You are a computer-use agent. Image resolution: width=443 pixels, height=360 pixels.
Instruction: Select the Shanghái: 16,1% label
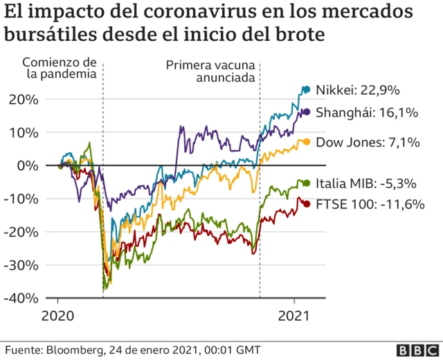tap(367, 112)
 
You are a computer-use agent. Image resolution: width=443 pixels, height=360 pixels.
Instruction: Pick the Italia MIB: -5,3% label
tap(365, 183)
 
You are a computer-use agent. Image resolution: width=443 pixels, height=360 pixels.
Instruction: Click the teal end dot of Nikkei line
tap(307, 89)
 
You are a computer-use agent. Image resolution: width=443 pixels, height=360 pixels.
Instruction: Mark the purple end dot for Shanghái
tap(306, 111)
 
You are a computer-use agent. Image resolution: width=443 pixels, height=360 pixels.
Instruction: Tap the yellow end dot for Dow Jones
tap(306, 142)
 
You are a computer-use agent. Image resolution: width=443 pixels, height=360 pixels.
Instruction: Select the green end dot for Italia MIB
tap(306, 183)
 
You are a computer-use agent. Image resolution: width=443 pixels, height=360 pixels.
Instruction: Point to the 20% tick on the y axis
tap(24, 99)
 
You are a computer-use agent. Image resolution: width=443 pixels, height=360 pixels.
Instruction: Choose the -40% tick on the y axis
tap(22, 298)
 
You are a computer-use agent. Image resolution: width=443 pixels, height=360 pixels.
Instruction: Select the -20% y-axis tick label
tap(22, 232)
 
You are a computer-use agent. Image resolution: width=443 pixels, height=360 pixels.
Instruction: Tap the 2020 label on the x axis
tap(58, 315)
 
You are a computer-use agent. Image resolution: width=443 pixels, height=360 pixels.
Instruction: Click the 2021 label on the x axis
tap(295, 315)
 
